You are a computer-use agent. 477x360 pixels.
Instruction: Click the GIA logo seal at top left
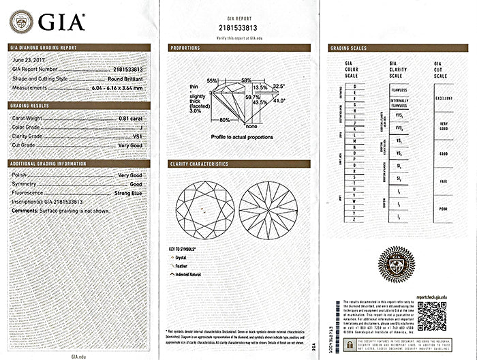pos(21,22)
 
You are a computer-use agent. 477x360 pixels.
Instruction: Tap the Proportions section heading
pos(185,48)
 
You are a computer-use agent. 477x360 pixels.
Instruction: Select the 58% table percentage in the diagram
pos(246,80)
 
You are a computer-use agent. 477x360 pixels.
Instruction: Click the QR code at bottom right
pos(431,316)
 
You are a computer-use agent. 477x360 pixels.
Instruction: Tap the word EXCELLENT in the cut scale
pos(444,98)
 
